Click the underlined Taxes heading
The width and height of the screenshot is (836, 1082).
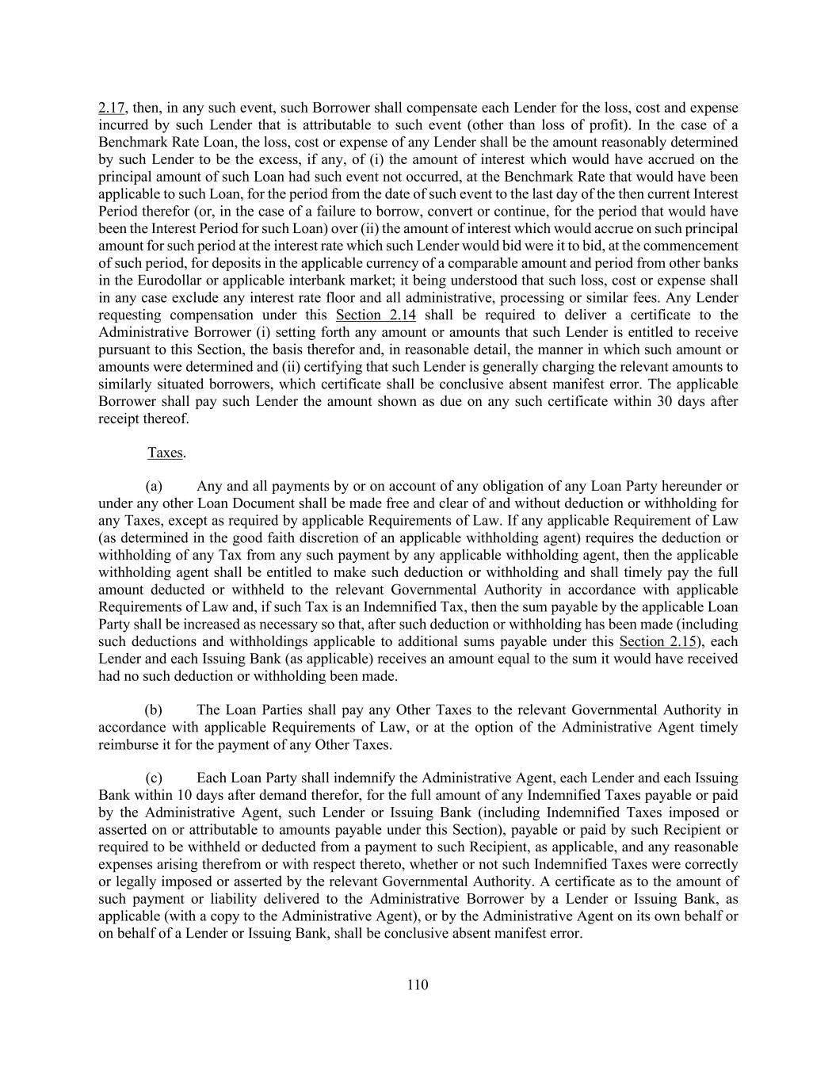(166, 453)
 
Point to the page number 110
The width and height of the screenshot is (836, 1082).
(418, 985)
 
